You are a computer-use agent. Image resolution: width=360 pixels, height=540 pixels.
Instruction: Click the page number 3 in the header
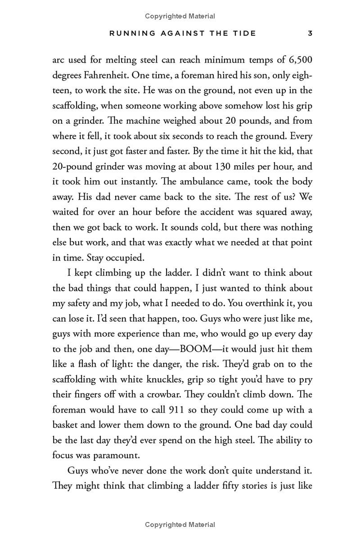coord(310,33)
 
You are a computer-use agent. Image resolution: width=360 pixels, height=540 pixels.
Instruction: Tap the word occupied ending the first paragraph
coord(128,258)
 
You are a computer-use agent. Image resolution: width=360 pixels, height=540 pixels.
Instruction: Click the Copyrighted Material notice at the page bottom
coord(180,525)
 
